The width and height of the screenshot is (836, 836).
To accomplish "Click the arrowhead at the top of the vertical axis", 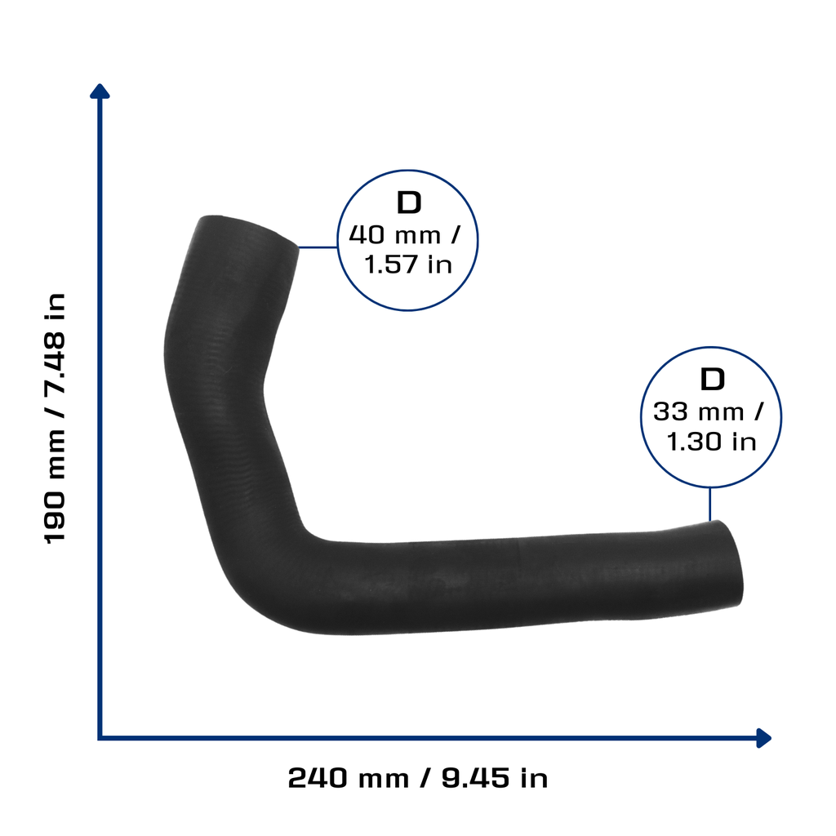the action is (x=100, y=91).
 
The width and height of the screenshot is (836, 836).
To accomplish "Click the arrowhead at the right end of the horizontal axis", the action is (x=763, y=738).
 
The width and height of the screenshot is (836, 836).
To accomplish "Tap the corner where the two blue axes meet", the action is (x=100, y=738).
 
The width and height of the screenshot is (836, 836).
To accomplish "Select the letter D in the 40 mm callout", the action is (x=409, y=202).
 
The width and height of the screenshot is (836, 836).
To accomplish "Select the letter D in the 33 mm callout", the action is (x=712, y=380).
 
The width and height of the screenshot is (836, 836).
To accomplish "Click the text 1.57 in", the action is (x=408, y=265).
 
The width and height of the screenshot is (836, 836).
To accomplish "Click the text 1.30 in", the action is (x=711, y=442).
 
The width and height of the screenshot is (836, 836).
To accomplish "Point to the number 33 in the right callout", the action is (x=671, y=411).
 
